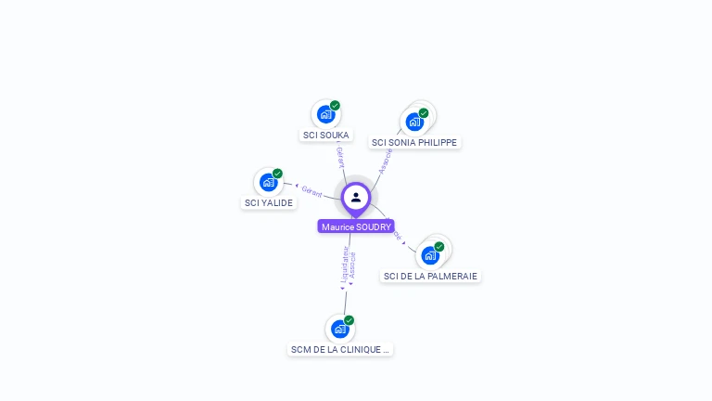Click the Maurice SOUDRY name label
click(356, 226)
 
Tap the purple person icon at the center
click(356, 197)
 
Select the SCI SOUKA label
click(325, 135)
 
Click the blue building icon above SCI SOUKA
click(324, 114)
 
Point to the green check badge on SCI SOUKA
click(335, 105)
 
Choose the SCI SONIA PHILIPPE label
click(413, 142)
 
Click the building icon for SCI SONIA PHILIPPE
click(414, 122)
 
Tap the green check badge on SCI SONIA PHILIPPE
click(424, 113)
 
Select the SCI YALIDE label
click(268, 202)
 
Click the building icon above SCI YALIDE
click(268, 182)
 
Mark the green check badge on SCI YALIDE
click(277, 174)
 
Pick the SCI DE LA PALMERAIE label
click(430, 276)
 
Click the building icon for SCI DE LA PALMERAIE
click(430, 255)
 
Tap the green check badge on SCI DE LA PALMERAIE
click(439, 246)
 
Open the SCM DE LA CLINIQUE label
click(340, 349)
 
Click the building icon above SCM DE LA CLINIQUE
click(339, 329)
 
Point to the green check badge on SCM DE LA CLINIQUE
click(350, 320)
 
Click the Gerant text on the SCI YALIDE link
click(311, 192)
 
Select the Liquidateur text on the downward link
click(344, 264)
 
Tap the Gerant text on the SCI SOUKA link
click(340, 156)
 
